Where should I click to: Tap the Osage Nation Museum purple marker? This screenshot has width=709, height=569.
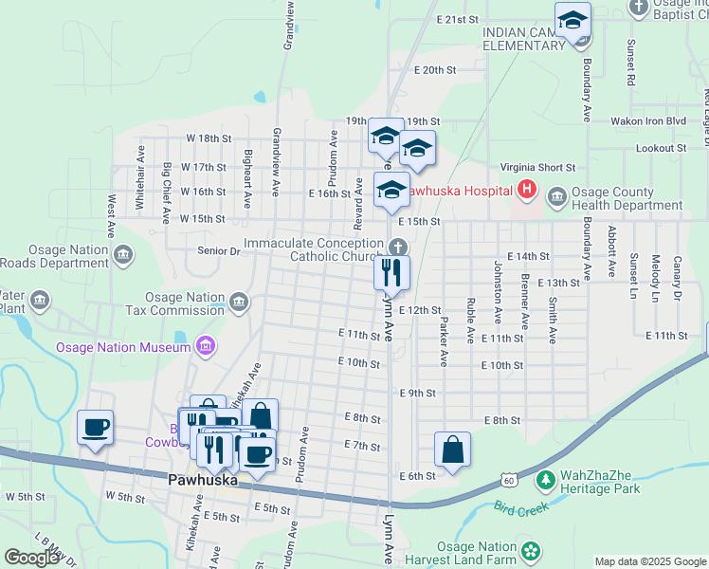tap(204, 347)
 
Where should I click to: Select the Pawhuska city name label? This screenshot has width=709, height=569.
tap(204, 480)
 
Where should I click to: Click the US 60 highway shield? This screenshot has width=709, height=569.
tap(510, 481)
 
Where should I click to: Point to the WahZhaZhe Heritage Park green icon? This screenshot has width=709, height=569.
tap(545, 481)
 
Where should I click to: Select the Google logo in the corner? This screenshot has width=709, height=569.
tap(31, 558)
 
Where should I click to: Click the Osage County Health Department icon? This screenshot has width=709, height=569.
tap(556, 198)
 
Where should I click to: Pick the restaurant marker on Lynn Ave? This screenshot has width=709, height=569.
tap(391, 273)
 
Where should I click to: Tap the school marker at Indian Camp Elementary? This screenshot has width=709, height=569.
tap(573, 20)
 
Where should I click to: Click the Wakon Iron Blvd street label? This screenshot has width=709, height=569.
tap(648, 121)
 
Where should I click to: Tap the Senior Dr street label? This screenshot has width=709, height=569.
tap(218, 251)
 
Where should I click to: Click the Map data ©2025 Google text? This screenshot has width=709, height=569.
tap(650, 561)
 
